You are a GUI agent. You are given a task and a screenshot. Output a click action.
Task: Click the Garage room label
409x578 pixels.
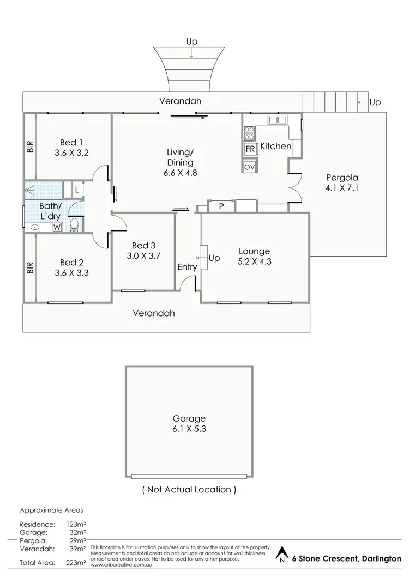click(189, 418)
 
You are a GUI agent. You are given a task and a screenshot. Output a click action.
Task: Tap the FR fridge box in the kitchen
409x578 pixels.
click(250, 149)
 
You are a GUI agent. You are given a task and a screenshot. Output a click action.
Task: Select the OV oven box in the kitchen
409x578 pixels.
click(250, 167)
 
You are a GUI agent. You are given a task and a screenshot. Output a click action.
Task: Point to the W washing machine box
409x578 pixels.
click(57, 228)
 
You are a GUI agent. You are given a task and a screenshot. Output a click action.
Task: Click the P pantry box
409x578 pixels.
click(221, 206)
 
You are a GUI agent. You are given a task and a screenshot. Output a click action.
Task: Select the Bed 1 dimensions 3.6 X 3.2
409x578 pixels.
click(72, 153)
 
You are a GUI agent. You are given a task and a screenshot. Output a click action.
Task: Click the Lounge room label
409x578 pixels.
click(254, 251)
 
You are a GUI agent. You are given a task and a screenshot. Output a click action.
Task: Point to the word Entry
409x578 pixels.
click(187, 267)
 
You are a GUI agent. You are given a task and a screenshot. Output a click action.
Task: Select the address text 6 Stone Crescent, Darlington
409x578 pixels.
click(346, 558)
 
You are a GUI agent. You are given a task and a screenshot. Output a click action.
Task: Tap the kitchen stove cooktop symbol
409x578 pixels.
click(249, 131)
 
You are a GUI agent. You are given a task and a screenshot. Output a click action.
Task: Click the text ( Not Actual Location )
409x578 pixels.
click(189, 489)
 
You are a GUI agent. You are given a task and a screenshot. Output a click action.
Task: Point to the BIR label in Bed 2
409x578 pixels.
click(29, 267)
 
